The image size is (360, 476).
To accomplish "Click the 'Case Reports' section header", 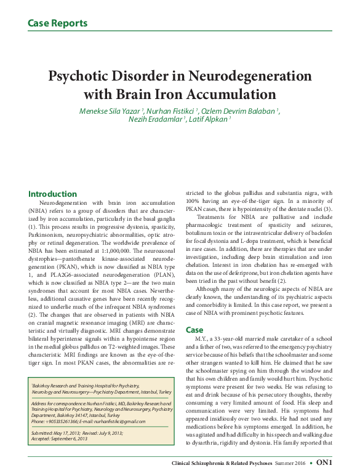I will [x=57, y=24].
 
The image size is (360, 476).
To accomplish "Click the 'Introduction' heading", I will [x=52, y=194].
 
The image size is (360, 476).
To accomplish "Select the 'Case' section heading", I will [x=194, y=330].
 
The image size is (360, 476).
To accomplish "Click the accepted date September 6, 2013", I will [x=72, y=438].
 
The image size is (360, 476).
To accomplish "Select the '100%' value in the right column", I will [x=194, y=201].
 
